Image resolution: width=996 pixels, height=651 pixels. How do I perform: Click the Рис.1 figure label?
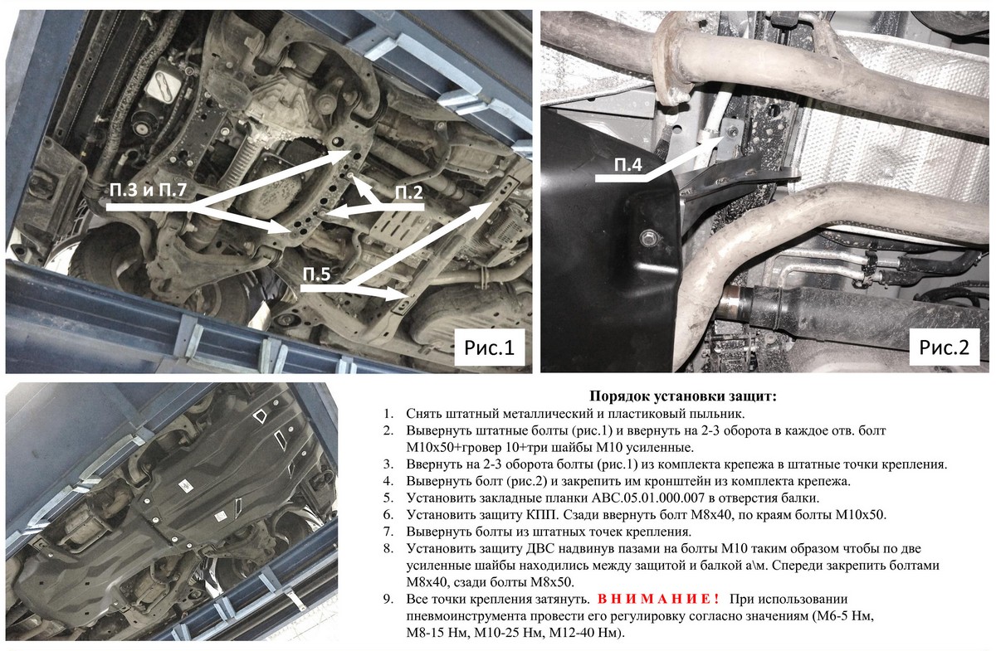[489, 347]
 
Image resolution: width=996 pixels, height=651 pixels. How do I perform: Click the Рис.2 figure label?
[944, 347]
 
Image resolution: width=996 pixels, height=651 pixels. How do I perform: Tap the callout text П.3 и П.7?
[148, 191]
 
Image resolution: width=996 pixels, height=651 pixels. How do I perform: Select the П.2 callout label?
[409, 193]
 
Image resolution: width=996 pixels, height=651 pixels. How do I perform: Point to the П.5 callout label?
[316, 274]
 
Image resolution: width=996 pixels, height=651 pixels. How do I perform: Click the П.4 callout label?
[628, 165]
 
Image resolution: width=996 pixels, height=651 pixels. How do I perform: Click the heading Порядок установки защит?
[683, 396]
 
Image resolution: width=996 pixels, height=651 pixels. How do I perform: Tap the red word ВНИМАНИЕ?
[658, 599]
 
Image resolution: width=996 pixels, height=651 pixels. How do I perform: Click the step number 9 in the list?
[388, 599]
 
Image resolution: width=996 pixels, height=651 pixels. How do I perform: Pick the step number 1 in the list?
[388, 414]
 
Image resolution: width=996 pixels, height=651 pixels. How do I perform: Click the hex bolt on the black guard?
[647, 237]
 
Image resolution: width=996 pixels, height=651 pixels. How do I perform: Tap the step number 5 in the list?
[388, 498]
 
